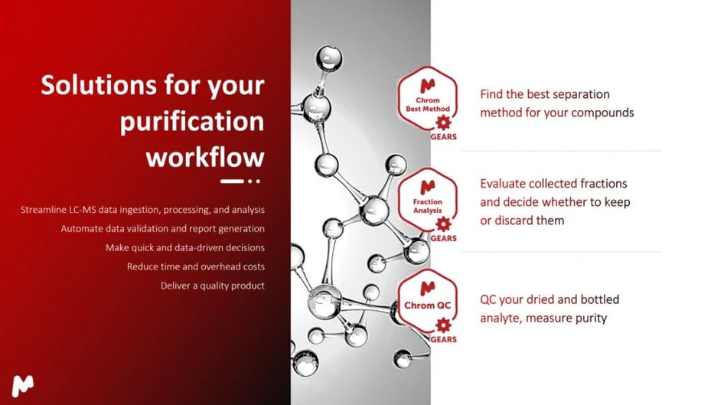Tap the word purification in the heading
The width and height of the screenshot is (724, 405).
click(x=191, y=122)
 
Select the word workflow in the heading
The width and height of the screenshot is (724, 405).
click(x=204, y=157)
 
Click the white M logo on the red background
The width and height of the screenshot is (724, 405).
click(x=25, y=386)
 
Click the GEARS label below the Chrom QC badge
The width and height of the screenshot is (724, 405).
click(x=443, y=339)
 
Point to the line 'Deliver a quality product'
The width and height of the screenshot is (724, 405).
click(x=212, y=286)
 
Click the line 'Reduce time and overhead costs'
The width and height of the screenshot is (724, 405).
click(x=195, y=266)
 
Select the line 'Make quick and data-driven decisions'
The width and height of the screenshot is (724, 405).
click(x=184, y=247)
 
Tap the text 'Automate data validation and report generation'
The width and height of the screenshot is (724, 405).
click(x=162, y=228)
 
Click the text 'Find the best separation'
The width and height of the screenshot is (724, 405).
click(x=544, y=94)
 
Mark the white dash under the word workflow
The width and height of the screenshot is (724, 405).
click(x=232, y=181)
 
